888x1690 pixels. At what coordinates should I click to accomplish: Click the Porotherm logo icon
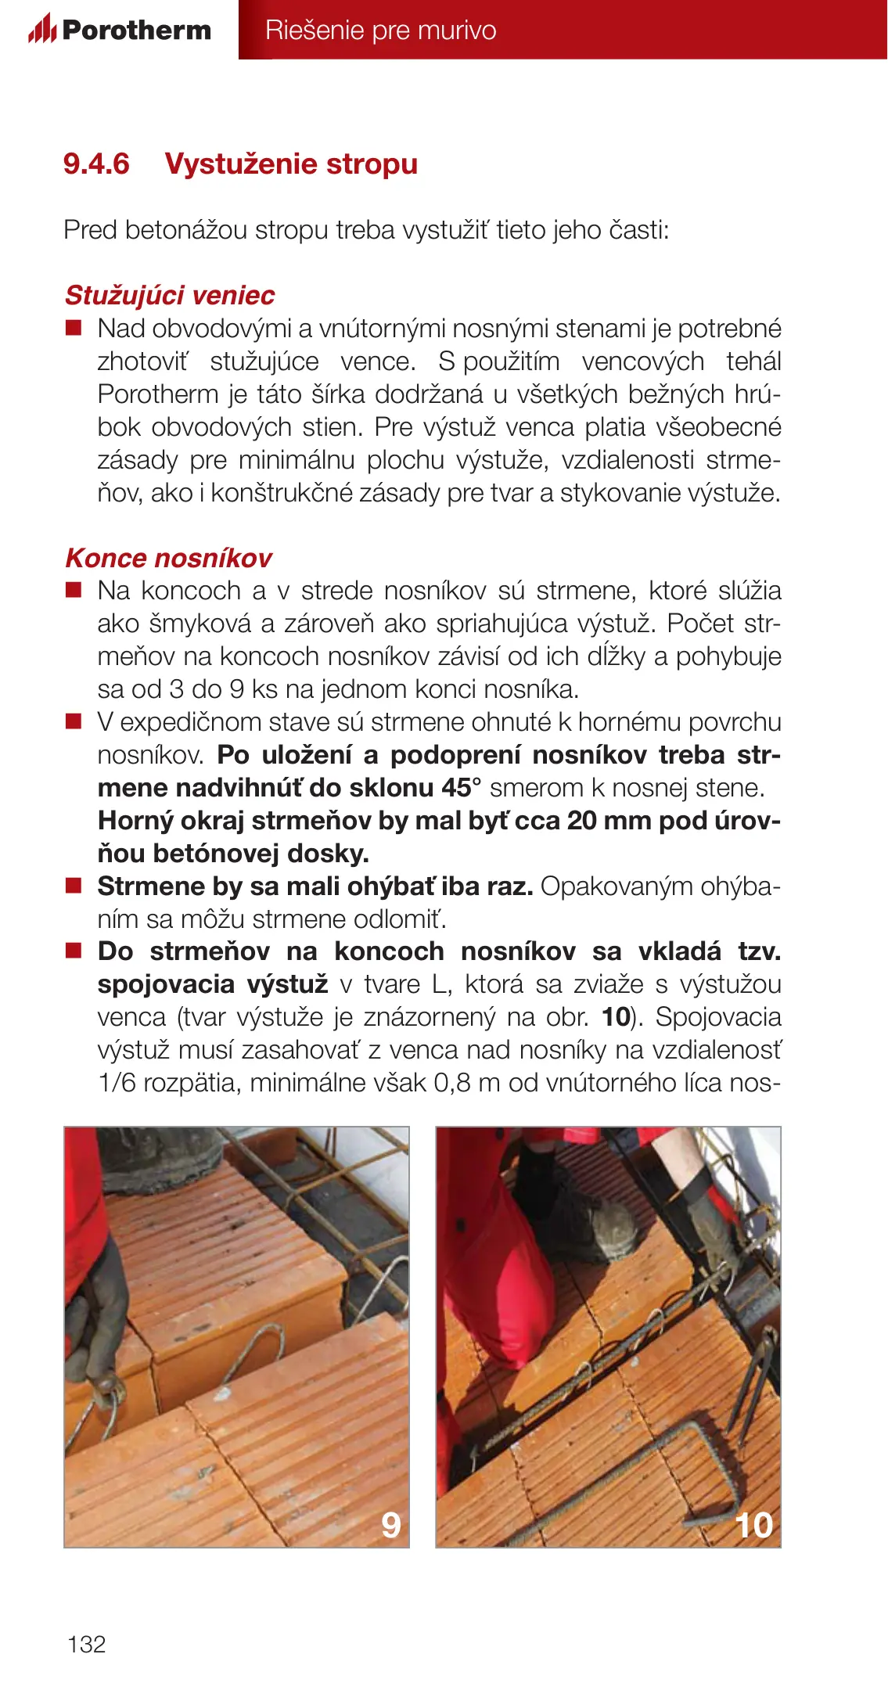[x=41, y=30]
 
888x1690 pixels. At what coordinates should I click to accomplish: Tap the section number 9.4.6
[x=96, y=164]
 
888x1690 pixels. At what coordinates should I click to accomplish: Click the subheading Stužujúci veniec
[x=170, y=296]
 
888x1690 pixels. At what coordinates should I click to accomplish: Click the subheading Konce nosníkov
[x=168, y=559]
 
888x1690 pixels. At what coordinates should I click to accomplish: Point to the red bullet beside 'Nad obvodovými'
[x=74, y=328]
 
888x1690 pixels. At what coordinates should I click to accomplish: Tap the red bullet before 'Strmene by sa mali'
[x=74, y=886]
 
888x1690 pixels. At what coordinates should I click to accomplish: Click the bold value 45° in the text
[x=461, y=788]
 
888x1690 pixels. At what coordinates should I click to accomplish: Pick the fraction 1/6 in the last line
[x=117, y=1083]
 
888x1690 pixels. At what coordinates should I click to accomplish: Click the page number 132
[x=86, y=1644]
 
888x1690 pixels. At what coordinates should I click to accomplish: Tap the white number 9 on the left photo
[x=390, y=1524]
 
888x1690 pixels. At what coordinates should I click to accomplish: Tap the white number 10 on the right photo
[x=753, y=1525]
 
